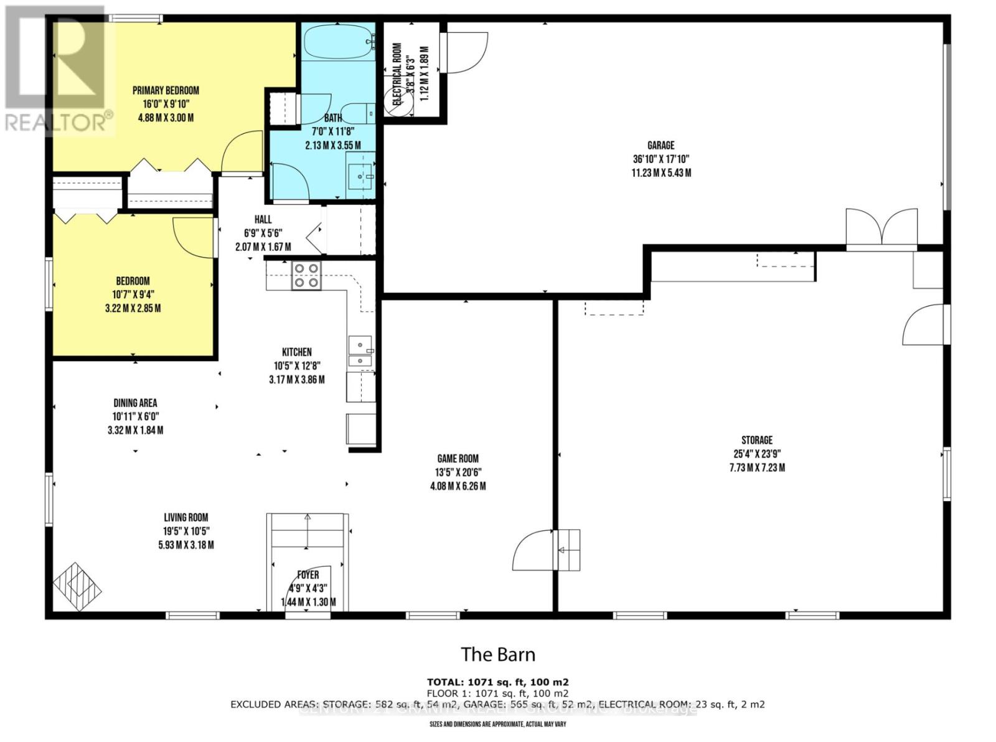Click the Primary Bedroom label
[x=166, y=91]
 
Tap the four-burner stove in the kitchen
[x=306, y=276]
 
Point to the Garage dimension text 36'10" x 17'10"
[x=660, y=159]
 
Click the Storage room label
[x=756, y=440]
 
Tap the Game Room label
[x=458, y=459]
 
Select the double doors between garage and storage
[x=881, y=229]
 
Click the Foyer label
[x=308, y=575]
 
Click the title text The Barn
[x=497, y=654]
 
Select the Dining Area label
[x=135, y=403]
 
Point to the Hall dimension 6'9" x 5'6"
[x=263, y=233]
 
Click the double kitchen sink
[x=360, y=352]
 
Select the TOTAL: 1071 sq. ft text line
[x=497, y=682]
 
